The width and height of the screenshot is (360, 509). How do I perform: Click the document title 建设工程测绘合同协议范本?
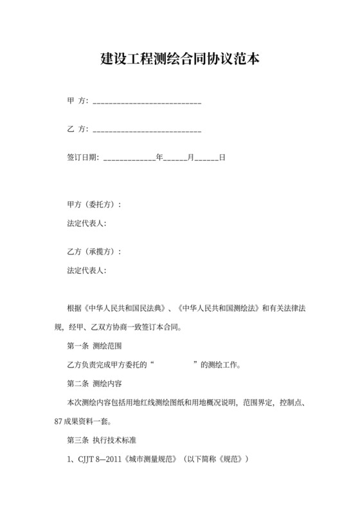(180, 60)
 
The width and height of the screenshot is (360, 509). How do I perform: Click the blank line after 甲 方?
(147, 102)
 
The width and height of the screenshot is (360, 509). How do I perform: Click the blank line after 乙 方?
(147, 130)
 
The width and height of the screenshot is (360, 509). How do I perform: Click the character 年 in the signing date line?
(159, 157)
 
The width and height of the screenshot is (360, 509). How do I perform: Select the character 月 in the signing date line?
(190, 157)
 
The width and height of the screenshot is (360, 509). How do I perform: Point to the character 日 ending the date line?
(222, 157)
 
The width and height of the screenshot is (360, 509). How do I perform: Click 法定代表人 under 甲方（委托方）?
(85, 223)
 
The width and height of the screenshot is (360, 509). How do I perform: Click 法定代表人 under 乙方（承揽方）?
(85, 271)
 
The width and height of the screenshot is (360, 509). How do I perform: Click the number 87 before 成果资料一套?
(59, 422)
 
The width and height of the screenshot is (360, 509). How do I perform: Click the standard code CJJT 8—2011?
(101, 460)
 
